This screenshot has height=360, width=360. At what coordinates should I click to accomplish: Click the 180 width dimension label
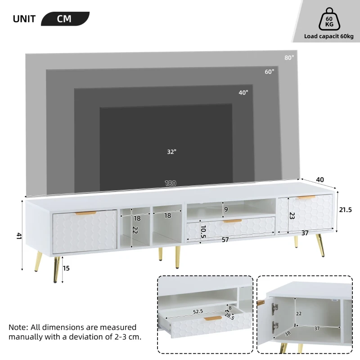[170, 184]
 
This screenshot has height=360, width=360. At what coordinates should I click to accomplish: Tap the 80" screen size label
[289, 58]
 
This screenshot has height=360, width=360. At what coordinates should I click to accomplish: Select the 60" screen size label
[269, 72]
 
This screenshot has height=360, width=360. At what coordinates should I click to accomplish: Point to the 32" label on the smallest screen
[171, 152]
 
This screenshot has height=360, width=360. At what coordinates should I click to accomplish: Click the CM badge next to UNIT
[65, 19]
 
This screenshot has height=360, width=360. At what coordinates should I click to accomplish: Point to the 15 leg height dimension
[67, 268]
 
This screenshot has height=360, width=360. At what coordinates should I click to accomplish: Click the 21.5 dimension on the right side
[345, 210]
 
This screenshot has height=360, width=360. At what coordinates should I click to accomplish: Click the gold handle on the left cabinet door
[85, 213]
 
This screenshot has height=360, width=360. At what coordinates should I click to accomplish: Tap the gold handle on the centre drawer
[233, 221]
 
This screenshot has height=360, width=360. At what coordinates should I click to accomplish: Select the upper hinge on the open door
[274, 309]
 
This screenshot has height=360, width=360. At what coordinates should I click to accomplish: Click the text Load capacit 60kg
[328, 36]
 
